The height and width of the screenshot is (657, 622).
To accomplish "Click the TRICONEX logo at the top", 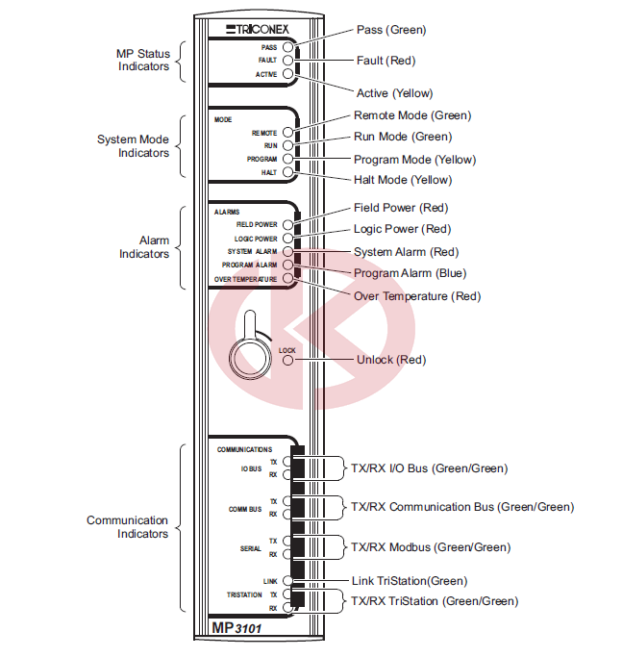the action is click(258, 29).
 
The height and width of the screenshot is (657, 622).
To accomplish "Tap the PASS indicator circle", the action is click(287, 47).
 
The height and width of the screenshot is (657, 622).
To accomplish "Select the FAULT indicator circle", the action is click(287, 61).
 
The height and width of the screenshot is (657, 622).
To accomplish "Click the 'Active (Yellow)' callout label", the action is click(394, 93).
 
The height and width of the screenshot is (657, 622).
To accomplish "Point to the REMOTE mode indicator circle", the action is click(287, 133).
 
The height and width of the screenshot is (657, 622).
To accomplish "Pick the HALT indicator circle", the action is click(287, 172).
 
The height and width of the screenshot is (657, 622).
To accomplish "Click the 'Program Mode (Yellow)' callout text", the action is click(414, 160).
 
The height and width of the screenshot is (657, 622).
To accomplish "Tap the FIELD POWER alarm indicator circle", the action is click(287, 224).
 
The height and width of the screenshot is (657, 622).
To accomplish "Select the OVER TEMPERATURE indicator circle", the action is click(287, 278).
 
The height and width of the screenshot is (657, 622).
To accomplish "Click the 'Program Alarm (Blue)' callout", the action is click(411, 273).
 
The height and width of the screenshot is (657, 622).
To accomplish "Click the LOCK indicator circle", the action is click(287, 361).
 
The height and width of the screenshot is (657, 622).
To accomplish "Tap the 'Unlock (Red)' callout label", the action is click(391, 360).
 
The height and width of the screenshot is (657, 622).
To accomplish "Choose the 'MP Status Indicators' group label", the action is click(143, 60).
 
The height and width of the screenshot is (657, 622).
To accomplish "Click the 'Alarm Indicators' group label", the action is click(144, 247).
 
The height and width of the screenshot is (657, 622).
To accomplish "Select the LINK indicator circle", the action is click(287, 580).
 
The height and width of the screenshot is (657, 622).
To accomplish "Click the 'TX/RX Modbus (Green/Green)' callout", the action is click(431, 547).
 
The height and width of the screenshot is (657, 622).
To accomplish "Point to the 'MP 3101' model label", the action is click(236, 628).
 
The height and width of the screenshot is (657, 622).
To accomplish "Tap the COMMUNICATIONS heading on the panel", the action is click(244, 449).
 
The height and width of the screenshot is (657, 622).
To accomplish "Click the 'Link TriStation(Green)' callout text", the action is click(410, 581).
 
